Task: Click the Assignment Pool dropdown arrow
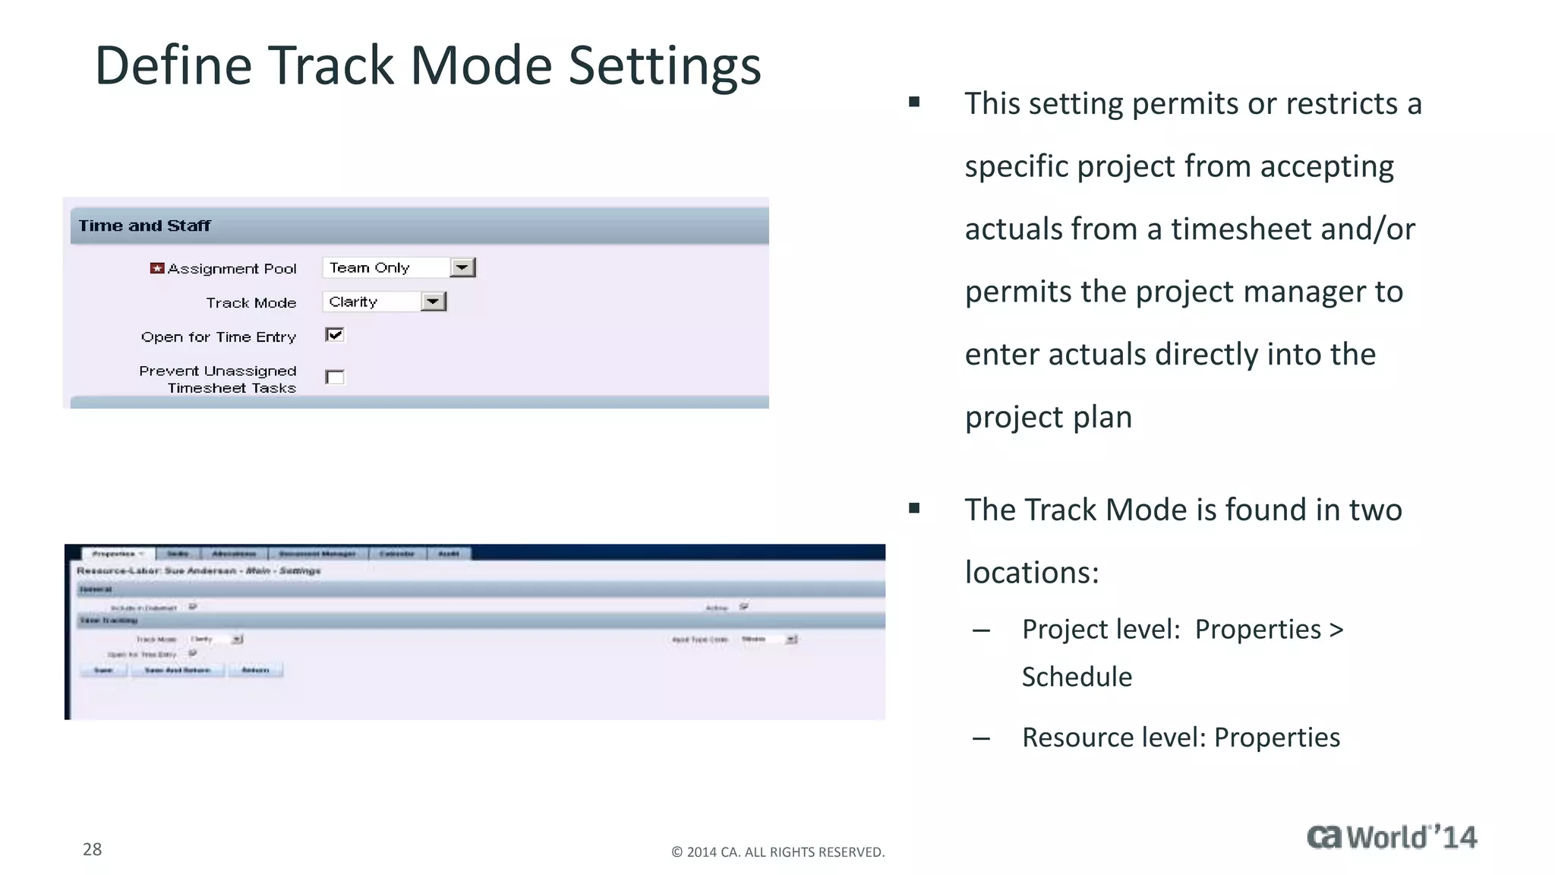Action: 462,267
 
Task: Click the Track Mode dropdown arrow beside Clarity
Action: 433,302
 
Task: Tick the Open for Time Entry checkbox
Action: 335,335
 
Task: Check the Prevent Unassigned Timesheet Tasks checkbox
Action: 335,377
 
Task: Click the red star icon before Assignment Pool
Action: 157,268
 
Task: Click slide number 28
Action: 92,849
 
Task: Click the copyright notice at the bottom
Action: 777,852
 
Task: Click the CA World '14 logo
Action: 1391,837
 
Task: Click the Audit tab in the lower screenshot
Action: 449,554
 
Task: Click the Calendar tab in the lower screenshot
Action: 397,554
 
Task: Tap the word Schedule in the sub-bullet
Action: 1076,677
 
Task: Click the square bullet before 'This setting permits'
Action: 914,102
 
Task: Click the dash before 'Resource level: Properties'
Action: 981,738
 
